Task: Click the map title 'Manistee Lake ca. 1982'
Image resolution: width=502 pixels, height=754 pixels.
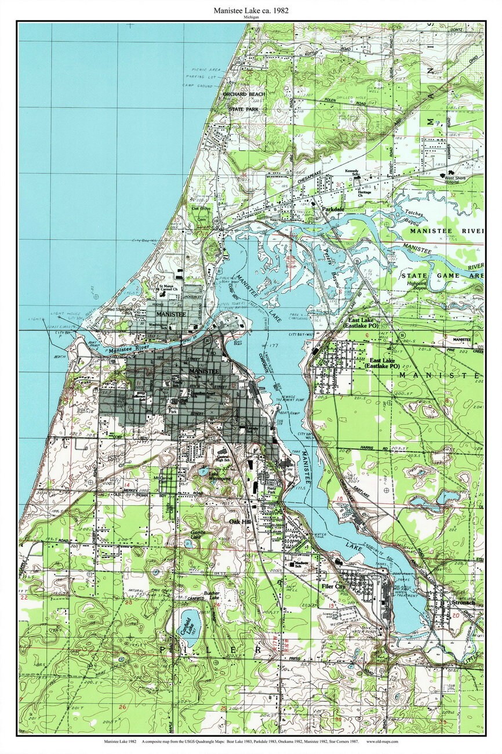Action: pos(251,10)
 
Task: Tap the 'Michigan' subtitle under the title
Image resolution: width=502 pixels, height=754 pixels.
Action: pos(251,18)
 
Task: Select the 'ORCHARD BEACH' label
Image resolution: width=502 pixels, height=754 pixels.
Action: pos(246,94)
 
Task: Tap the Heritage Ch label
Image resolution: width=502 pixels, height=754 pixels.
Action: pos(363,194)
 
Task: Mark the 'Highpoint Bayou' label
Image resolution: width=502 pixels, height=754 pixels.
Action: pos(417,285)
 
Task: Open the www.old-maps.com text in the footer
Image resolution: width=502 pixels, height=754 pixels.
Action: pos(382,741)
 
